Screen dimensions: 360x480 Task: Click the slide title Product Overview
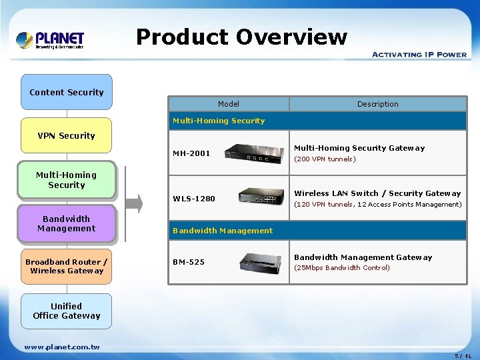pyautogui.click(x=241, y=37)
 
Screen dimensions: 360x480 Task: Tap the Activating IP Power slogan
pyautogui.click(x=419, y=54)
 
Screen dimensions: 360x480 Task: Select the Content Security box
pyautogui.click(x=67, y=92)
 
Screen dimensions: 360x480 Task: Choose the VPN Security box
pyautogui.click(x=67, y=135)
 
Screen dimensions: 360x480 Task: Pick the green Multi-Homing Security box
pyautogui.click(x=67, y=180)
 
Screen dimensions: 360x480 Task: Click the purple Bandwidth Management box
pyautogui.click(x=67, y=223)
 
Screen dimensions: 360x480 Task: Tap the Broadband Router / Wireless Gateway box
pyautogui.click(x=67, y=266)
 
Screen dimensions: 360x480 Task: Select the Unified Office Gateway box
pyautogui.click(x=67, y=311)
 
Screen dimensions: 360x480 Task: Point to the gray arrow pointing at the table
pyautogui.click(x=134, y=204)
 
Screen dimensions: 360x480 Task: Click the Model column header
pyautogui.click(x=228, y=104)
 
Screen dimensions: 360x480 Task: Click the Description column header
pyautogui.click(x=377, y=104)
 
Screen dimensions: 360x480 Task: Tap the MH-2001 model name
pyautogui.click(x=191, y=153)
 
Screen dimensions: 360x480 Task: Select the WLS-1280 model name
pyautogui.click(x=194, y=199)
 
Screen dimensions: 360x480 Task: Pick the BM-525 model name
pyautogui.click(x=189, y=262)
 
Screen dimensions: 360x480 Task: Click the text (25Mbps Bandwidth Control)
pyautogui.click(x=342, y=268)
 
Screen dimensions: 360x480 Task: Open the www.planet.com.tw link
pyautogui.click(x=62, y=347)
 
